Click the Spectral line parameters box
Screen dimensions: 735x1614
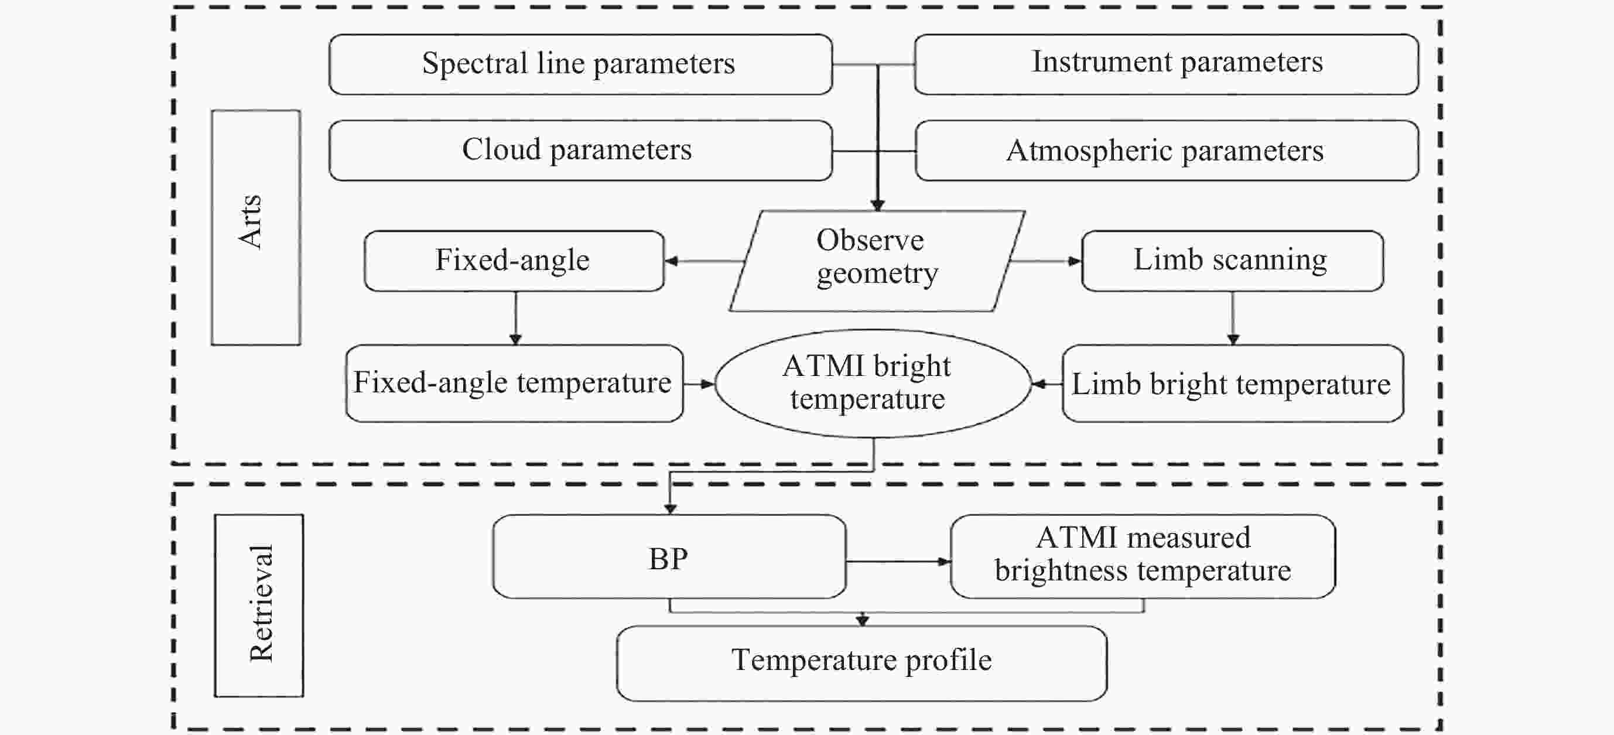(580, 64)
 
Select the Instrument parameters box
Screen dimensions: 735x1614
(1166, 64)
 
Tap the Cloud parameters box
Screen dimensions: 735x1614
(580, 151)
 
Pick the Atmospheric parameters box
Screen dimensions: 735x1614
(1166, 151)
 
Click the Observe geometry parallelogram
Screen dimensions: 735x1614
(877, 261)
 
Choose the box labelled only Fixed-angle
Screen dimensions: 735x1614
(514, 261)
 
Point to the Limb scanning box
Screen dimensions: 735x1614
(1232, 261)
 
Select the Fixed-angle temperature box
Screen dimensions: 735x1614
(514, 383)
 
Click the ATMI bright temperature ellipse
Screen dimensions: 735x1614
(872, 383)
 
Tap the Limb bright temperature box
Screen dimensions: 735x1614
(1232, 383)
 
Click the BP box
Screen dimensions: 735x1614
(669, 557)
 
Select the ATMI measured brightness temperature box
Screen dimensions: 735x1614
(1142, 557)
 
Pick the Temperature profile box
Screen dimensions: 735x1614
(861, 662)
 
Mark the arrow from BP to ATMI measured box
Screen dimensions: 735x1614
(898, 562)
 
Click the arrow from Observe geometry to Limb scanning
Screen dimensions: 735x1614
(1045, 261)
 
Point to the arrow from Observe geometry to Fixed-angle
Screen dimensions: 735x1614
(703, 261)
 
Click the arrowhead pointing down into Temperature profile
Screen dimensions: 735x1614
(862, 620)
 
